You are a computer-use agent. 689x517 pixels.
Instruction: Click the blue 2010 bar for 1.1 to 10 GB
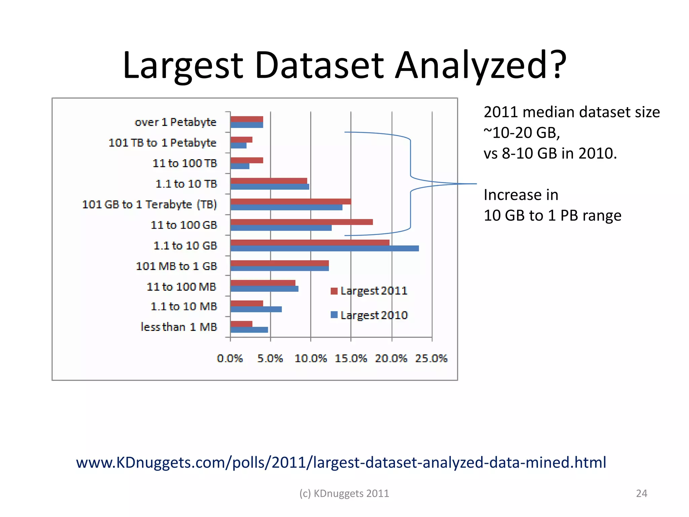point(325,248)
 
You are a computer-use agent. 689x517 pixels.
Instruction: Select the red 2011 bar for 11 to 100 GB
point(302,222)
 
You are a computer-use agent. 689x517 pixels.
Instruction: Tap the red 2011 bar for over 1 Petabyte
point(247,119)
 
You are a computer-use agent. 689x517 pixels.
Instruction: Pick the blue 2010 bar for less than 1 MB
point(249,330)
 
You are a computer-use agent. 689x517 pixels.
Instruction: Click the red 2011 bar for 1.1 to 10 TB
point(269,181)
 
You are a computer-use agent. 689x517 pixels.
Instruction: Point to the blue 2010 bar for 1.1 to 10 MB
point(256,309)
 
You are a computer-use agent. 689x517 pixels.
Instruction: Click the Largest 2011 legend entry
point(369,291)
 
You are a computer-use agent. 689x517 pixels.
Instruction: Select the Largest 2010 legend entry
point(369,315)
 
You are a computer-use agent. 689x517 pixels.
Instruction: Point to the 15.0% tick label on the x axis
point(351,358)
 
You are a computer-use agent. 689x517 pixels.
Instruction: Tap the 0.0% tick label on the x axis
point(230,358)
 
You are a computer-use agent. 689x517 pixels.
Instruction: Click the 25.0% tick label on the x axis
point(431,358)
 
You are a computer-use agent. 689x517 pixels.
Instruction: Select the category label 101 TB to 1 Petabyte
point(162,143)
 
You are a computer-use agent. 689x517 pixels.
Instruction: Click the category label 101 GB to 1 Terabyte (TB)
point(150,204)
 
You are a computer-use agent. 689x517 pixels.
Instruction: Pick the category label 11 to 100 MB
point(181,287)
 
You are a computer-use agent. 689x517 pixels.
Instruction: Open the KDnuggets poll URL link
point(341,462)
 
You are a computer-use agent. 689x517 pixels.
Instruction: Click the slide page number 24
point(641,493)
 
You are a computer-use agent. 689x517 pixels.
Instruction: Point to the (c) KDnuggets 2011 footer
point(344,493)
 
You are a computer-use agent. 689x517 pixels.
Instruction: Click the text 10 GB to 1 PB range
point(552,215)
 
